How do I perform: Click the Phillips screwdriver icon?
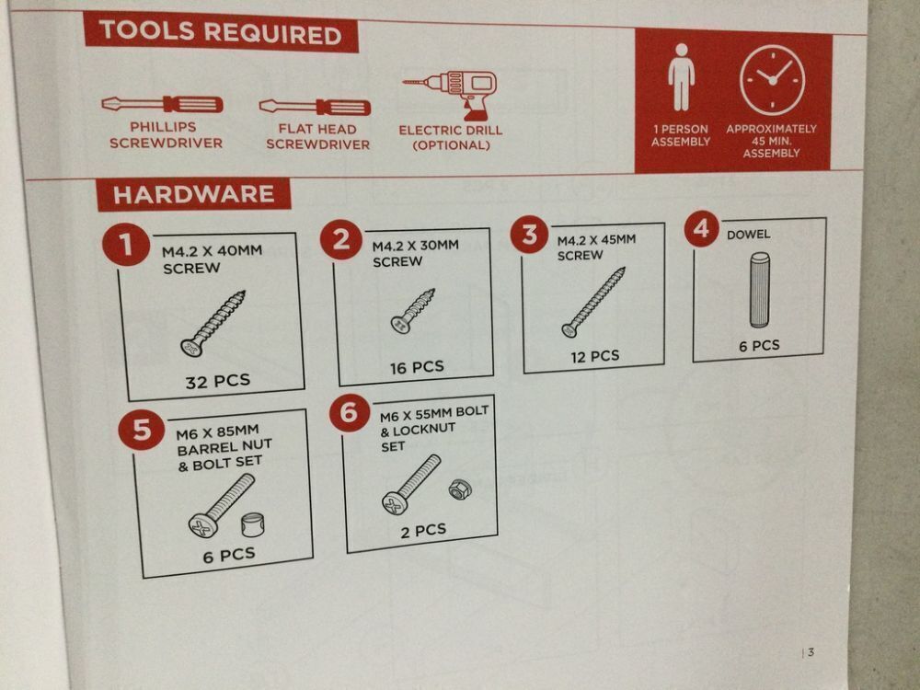(x=162, y=105)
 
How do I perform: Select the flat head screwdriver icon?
(x=315, y=107)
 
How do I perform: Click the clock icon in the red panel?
(x=772, y=80)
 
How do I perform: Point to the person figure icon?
(x=681, y=77)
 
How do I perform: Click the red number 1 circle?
(x=125, y=244)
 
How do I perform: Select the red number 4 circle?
(x=702, y=228)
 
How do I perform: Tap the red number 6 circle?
(x=349, y=412)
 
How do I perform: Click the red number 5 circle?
(x=142, y=430)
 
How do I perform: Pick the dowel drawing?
(x=759, y=290)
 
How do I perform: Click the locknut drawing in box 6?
(x=458, y=489)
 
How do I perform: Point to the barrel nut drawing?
(x=253, y=524)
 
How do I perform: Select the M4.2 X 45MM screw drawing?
(x=593, y=302)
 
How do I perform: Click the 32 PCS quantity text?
(x=218, y=382)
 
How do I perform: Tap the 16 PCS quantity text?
(x=417, y=368)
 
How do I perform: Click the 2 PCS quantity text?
(x=423, y=531)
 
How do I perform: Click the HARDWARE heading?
(x=193, y=194)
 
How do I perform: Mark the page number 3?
(x=811, y=652)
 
